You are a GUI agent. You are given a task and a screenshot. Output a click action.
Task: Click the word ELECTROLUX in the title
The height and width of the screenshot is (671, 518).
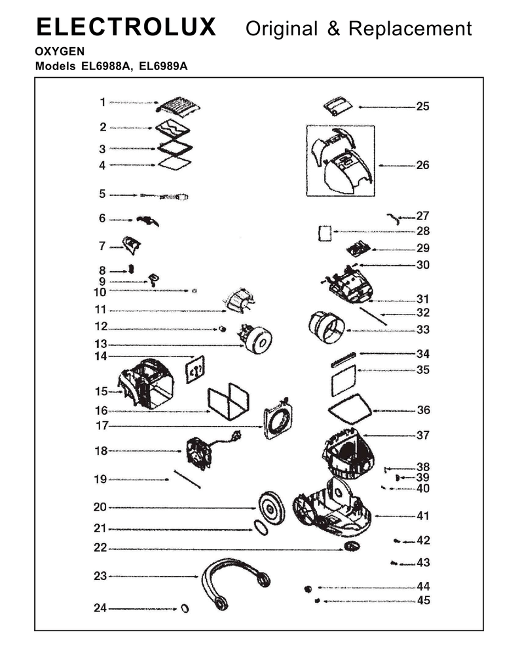point(126,28)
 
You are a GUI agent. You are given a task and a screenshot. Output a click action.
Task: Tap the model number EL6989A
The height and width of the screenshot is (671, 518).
point(164,66)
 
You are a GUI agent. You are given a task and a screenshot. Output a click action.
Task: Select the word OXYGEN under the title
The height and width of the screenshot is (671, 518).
point(60,51)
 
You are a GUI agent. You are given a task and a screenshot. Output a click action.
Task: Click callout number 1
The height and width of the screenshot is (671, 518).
point(103,102)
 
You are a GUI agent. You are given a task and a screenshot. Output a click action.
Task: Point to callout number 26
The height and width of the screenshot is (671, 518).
point(422,165)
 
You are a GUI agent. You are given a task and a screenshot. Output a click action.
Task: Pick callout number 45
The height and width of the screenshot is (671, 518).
point(424,600)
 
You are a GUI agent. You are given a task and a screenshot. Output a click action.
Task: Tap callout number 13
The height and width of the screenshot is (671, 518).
point(101,344)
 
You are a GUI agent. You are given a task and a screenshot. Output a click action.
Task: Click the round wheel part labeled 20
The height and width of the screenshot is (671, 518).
point(272,508)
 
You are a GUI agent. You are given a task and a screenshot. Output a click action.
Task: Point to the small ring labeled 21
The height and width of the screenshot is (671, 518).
point(261,527)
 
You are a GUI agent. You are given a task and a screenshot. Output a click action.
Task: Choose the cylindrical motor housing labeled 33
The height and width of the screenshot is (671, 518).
point(326,328)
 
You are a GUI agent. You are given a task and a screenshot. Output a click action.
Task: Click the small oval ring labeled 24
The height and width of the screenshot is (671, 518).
point(185,608)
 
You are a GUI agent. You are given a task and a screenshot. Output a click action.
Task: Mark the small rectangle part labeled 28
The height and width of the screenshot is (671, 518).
point(325,234)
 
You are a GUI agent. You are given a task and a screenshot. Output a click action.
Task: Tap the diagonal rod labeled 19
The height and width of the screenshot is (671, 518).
point(187,479)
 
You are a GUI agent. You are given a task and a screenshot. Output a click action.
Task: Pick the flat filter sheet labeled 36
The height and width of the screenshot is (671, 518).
point(350,409)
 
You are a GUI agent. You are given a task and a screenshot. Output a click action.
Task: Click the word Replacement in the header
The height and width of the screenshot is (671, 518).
point(410,29)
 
